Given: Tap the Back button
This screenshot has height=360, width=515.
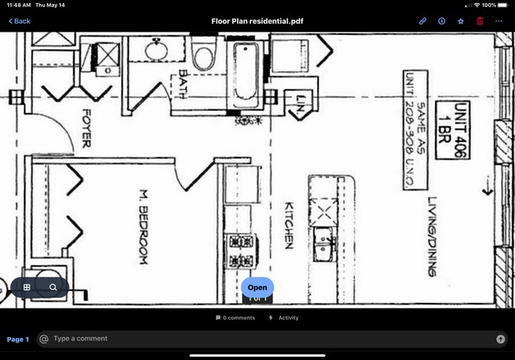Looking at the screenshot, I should pos(20,21).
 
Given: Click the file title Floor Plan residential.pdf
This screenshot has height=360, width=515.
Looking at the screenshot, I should pos(257,21).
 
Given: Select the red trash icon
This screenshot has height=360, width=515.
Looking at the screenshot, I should pos(479,21).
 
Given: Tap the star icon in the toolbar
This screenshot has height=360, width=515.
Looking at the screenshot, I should pos(460,21).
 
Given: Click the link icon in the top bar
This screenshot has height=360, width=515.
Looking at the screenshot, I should pos(423,21).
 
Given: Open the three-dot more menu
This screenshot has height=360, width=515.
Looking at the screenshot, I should pos(498,21).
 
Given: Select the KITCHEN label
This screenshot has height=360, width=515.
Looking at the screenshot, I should pos(289,225).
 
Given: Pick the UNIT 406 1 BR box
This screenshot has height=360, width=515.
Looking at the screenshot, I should pos(457,130).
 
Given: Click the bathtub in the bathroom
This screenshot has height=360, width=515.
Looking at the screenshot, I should pos(244,75).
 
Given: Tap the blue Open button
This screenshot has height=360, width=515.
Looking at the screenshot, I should pos(257,287).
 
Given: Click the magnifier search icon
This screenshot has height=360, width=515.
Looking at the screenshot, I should pos(53,287).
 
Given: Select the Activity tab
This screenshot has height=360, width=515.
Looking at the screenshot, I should pos(284,318).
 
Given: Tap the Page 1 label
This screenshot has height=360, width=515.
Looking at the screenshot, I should pos(17,339).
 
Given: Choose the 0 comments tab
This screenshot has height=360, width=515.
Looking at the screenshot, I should pos(235,318).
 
